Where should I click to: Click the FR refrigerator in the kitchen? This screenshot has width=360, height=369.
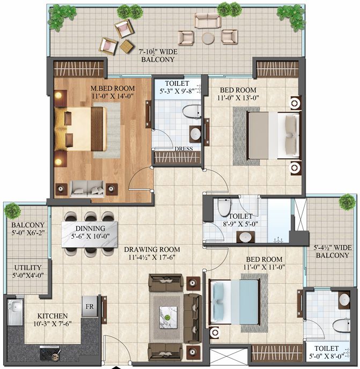pos(90,306)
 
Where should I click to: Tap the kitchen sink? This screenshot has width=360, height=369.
pos(15,312)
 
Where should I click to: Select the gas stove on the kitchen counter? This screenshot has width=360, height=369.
pos(50,353)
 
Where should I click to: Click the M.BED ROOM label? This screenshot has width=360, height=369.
pos(113,88)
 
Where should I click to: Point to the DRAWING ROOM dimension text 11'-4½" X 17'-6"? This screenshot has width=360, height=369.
pos(152,257)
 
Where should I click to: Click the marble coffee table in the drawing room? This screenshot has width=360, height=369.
pos(168,317)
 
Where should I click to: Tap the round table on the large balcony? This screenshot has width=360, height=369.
pos(208,38)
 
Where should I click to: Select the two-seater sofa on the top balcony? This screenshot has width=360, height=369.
pos(208,20)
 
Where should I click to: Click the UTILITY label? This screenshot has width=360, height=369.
pos(28,268)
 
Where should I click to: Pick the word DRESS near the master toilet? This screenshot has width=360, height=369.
pos(183,149)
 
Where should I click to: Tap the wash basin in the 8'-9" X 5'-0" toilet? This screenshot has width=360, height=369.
pos(246,237)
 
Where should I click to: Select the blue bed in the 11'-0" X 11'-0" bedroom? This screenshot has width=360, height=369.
pos(234,302)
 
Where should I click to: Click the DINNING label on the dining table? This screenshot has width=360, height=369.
pos(91,228)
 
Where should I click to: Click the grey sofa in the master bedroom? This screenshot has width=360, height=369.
pos(87,189)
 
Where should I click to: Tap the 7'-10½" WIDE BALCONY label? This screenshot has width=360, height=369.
pos(158,56)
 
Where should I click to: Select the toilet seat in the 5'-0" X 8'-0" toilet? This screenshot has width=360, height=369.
pos(341,326)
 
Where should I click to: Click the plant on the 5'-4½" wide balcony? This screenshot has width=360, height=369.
pos(347,202)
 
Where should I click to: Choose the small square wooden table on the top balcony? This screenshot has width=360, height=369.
pos(127,46)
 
